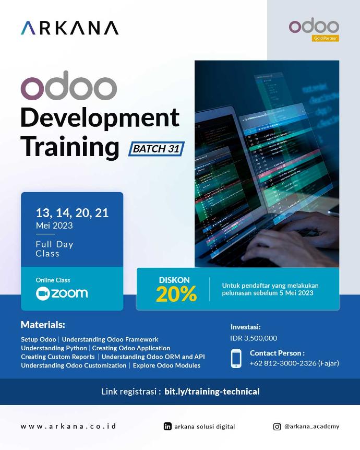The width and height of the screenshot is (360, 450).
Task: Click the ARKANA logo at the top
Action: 69,28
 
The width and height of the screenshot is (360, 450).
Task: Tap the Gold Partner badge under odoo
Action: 326,38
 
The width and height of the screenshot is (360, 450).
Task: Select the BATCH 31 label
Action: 156,149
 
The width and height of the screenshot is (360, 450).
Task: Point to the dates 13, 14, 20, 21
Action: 72,212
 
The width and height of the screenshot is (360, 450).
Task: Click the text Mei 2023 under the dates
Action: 54,226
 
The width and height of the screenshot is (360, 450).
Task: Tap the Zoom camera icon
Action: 42,293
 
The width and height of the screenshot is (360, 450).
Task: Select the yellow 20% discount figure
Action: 176,294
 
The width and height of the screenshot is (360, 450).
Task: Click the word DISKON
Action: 174,280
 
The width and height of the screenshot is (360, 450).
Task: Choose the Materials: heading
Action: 43,325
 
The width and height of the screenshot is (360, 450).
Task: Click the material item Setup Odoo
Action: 39,339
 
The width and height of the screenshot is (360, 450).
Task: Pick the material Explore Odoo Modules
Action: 166,365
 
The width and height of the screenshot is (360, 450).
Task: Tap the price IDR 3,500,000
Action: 254,338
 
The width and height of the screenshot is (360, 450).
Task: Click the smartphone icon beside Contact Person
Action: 236,358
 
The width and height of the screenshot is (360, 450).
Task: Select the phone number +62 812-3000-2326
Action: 282,363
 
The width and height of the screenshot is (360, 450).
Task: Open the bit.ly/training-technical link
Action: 212,392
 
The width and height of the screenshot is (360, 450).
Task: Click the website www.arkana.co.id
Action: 68,426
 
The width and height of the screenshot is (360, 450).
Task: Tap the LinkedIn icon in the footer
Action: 167,427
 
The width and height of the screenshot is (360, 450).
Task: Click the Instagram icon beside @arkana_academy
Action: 277,427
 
